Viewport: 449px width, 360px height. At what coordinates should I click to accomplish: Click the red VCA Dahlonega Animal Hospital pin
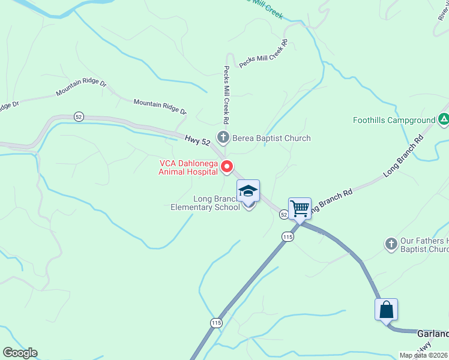point(227,167)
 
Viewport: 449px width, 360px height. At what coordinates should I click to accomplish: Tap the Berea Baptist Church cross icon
point(223,138)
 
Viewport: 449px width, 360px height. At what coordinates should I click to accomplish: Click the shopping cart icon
point(300,209)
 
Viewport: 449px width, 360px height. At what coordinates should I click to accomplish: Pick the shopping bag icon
point(386,310)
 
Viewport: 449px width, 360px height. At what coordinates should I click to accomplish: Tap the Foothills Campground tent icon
point(444,120)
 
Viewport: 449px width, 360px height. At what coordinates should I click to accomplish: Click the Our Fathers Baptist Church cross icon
point(391,244)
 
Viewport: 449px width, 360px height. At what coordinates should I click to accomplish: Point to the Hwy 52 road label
point(197,141)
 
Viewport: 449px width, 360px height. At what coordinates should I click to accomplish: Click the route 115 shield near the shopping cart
point(288,237)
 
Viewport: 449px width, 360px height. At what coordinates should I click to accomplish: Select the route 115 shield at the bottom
point(216,323)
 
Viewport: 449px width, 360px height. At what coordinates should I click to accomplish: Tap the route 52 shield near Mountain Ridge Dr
point(79,116)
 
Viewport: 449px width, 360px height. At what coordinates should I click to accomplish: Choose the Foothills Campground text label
point(394,121)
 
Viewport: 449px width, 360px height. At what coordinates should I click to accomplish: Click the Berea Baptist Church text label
point(272,138)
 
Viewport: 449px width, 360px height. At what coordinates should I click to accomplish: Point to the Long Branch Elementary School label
point(205,203)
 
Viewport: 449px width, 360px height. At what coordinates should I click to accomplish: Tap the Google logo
point(20,353)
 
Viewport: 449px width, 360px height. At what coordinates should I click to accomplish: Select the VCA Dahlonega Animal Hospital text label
point(187,167)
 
